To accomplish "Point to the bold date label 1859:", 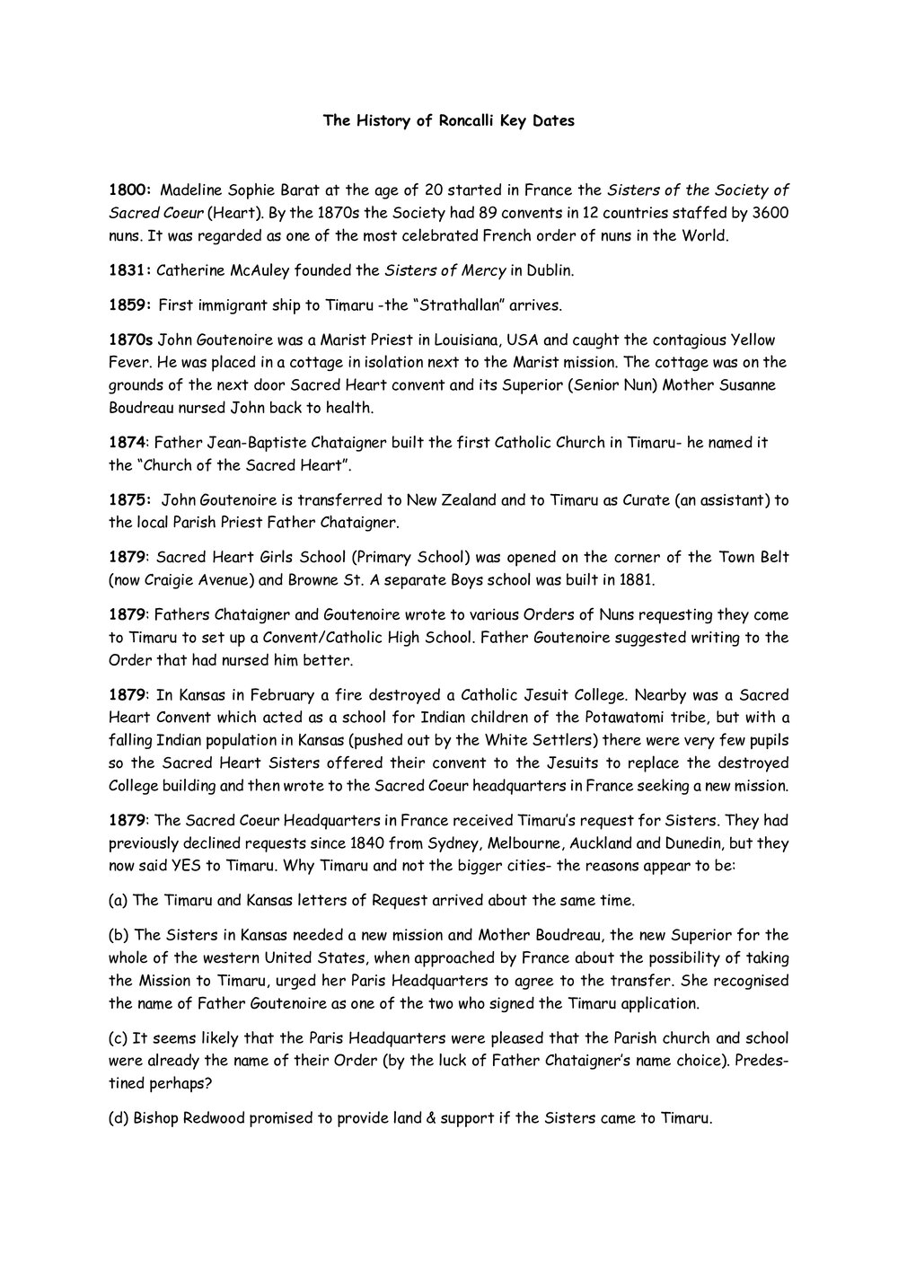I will (x=128, y=305).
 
